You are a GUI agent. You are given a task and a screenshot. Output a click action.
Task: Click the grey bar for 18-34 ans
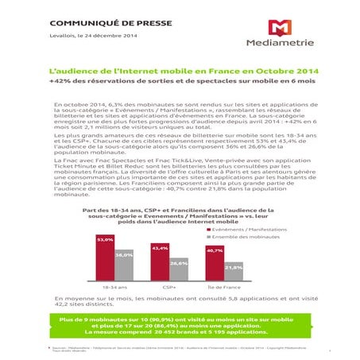pos(123,265)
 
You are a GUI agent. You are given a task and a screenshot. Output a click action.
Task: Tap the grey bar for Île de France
pos(233,273)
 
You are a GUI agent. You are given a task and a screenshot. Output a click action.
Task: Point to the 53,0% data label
pos(105,238)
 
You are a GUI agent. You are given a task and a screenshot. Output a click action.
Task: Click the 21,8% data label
pos(233,267)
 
